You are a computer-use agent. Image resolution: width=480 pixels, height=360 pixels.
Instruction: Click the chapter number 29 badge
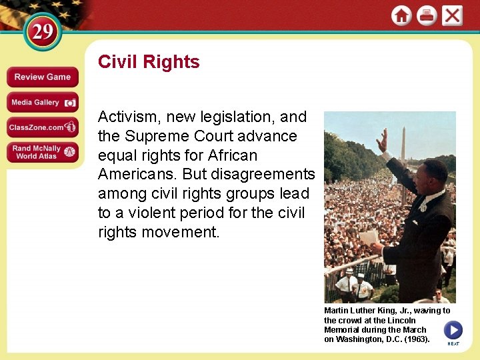(43, 32)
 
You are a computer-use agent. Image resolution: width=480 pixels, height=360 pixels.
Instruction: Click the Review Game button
(43, 77)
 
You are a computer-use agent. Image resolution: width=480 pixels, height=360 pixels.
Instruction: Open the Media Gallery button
(43, 102)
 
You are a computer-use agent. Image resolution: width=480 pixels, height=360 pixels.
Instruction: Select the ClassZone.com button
(43, 127)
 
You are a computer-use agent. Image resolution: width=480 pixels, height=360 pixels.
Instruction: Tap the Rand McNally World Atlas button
(43, 152)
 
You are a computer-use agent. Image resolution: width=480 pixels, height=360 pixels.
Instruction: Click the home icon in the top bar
(401, 16)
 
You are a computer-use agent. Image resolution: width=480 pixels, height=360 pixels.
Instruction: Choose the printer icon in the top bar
(427, 16)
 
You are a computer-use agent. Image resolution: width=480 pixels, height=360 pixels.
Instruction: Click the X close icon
(452, 16)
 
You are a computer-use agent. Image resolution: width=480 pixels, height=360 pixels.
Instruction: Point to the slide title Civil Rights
(149, 62)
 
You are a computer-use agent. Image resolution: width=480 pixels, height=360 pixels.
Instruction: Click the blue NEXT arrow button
(453, 330)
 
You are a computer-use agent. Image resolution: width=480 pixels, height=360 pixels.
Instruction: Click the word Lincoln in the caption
(402, 321)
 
